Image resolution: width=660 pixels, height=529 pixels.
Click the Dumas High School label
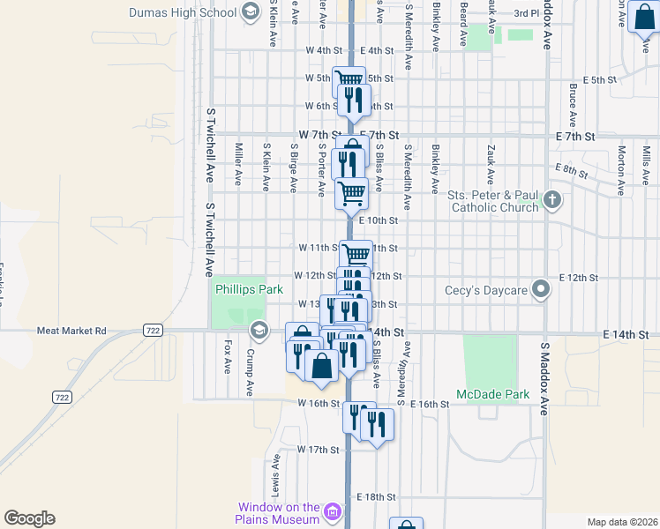(182, 12)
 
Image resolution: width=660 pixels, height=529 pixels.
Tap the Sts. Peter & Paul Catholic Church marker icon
(552, 198)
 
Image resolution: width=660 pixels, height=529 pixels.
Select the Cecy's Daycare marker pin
(543, 288)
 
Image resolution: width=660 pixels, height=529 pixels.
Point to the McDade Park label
(494, 394)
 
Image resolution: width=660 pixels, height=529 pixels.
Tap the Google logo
(29, 518)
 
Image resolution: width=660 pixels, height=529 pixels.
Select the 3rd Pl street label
(526, 13)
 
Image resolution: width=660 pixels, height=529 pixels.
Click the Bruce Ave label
(573, 105)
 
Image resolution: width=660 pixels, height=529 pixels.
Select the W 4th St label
(325, 51)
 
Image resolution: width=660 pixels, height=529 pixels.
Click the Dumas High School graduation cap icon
(250, 11)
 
